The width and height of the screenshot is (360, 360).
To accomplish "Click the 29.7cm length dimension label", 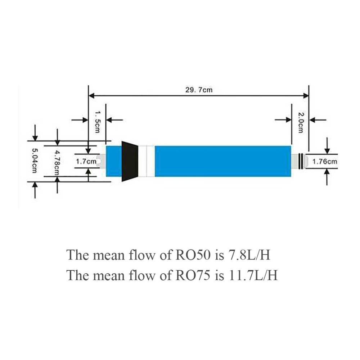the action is tap(199, 90).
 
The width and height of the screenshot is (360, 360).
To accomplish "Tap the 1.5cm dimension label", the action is tap(97, 122).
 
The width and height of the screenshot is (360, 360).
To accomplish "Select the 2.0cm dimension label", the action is tap(301, 122).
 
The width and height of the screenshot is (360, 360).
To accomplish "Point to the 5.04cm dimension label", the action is tap(35, 161).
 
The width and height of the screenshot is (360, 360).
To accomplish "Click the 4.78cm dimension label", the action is tap(57, 162).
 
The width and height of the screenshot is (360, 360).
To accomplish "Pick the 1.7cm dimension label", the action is tap(86, 161).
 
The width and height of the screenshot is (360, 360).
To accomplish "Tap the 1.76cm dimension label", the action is tap(325, 162).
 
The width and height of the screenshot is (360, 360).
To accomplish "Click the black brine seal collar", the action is tap(130, 161).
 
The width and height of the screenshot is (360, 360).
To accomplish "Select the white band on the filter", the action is tap(147, 161).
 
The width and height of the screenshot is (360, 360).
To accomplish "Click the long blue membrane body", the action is tap(223, 161).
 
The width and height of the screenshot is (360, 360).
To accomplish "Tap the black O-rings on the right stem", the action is tap(301, 161).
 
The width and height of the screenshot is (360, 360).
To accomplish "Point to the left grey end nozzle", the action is tap(101, 161).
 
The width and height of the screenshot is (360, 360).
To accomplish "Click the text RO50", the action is tap(193, 255).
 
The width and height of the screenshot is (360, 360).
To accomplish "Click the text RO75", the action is tap(193, 275).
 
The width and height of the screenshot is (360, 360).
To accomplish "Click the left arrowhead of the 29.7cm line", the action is tap(91, 95).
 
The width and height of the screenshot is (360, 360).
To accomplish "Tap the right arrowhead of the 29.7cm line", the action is tap(306, 95).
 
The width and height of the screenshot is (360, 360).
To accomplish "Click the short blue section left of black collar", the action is tap(114, 161).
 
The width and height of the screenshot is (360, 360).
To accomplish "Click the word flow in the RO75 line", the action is tap(141, 275).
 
